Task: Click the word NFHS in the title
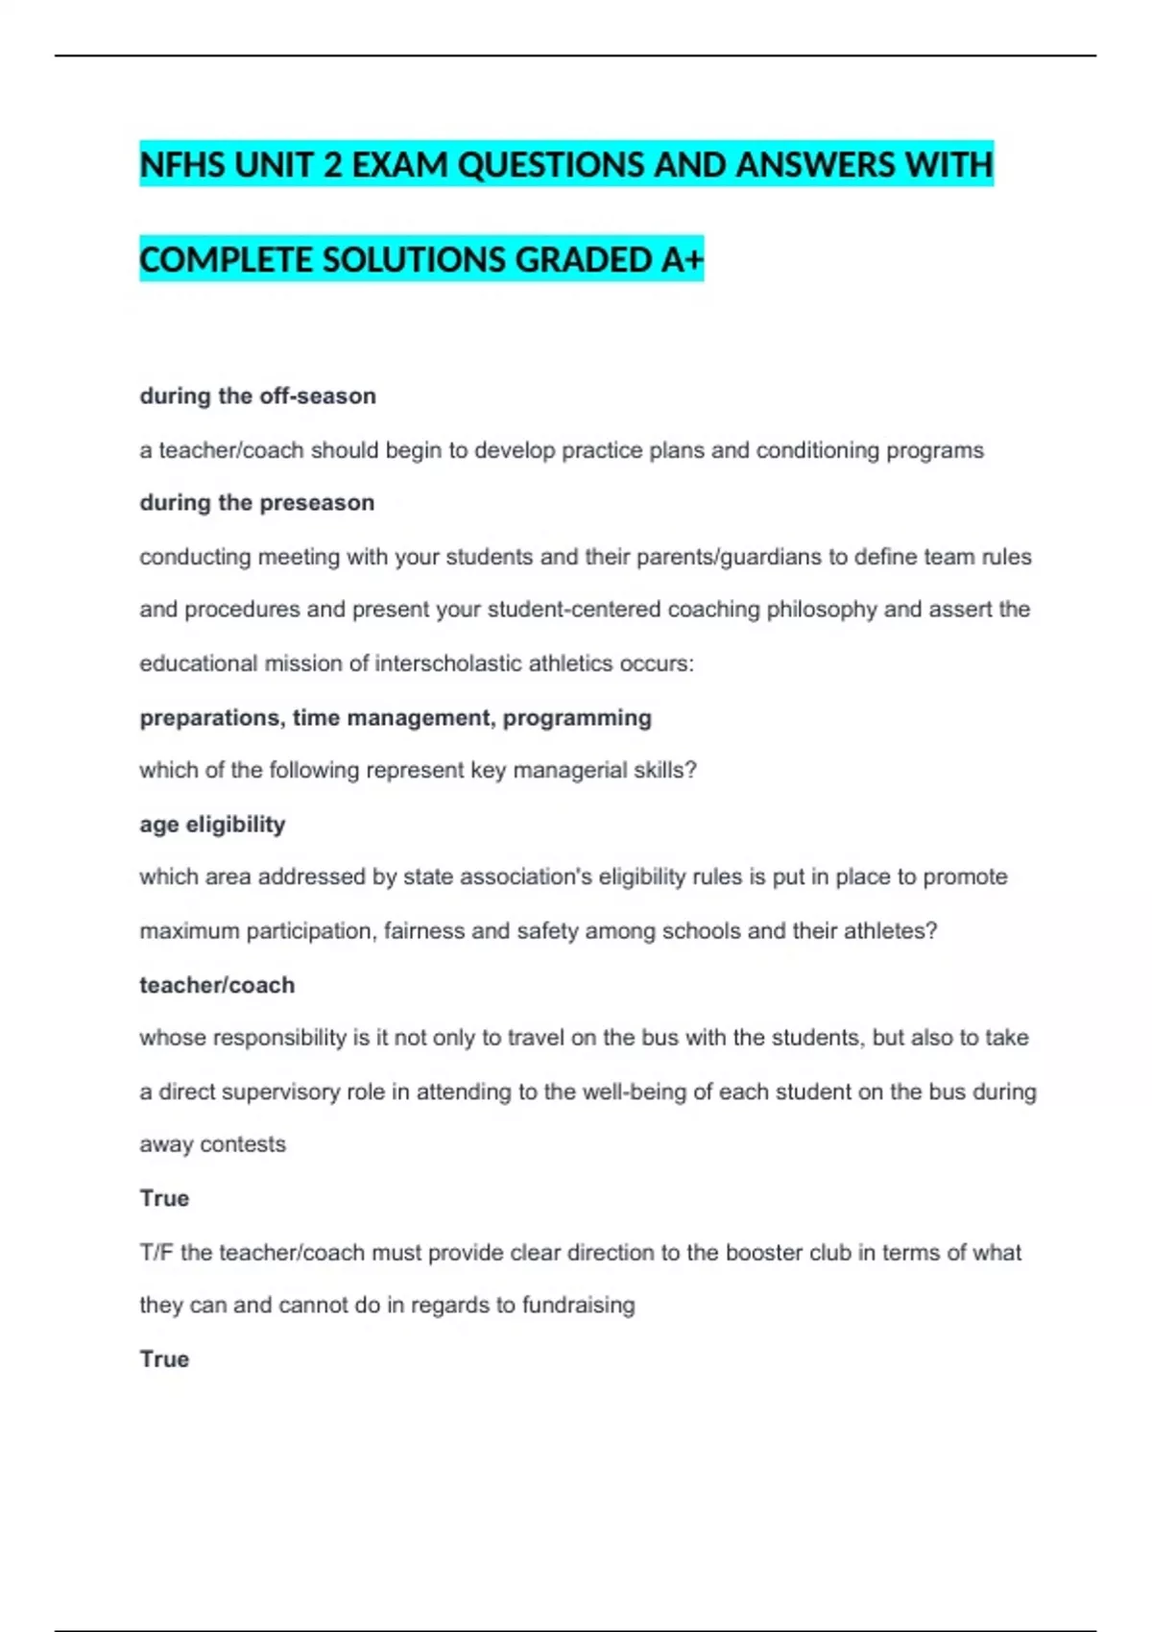tap(182, 165)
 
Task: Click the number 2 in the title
tap(332, 165)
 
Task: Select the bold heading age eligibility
tap(212, 825)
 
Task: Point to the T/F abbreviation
tap(156, 1253)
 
